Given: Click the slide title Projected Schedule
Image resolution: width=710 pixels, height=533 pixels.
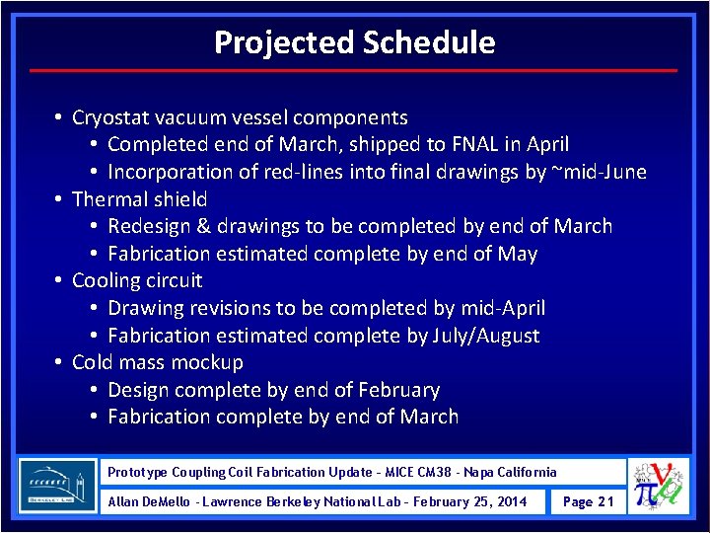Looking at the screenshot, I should [354, 42].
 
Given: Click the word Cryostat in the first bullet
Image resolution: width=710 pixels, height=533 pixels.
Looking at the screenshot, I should [110, 117].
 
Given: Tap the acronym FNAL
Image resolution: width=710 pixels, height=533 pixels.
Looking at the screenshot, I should [476, 145].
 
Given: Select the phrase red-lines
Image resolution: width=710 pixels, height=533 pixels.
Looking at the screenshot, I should [305, 172].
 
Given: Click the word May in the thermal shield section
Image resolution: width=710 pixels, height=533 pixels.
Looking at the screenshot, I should [518, 254].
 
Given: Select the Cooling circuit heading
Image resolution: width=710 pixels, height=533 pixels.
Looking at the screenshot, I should [137, 280].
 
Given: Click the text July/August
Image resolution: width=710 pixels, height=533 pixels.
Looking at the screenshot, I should [486, 336].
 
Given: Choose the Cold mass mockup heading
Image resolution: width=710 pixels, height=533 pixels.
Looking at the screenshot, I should [158, 362].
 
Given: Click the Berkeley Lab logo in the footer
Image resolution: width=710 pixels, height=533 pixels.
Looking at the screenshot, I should [58, 486].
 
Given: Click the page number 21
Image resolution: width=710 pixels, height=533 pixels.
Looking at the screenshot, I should [588, 501].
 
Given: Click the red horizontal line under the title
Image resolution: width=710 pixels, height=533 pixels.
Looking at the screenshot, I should [354, 71].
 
